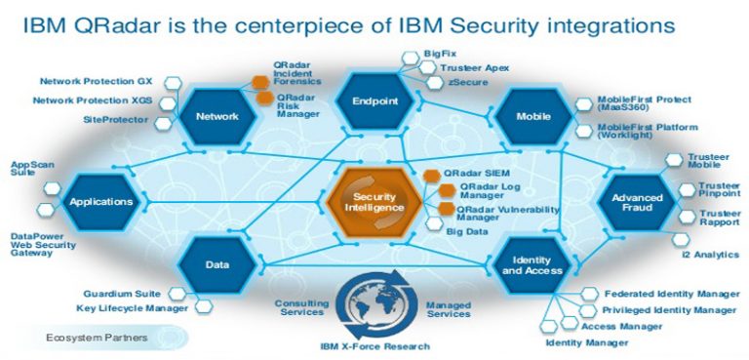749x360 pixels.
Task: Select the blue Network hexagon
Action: (217, 116)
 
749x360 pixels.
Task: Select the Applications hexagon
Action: (101, 202)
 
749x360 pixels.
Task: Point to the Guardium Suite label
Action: (122, 293)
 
